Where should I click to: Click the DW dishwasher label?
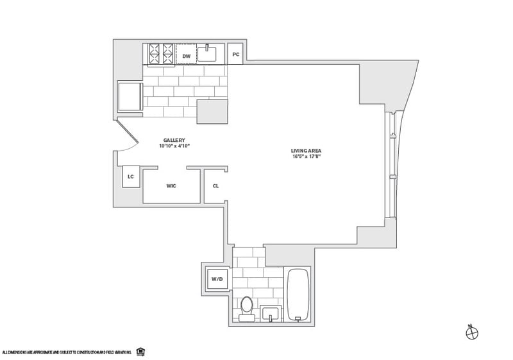[x=186, y=56]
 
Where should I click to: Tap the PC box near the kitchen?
[x=236, y=55]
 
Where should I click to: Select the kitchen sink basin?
[x=207, y=53]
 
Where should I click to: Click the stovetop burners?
[x=161, y=55]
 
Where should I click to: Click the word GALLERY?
[x=174, y=141]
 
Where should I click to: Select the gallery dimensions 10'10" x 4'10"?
[x=174, y=146]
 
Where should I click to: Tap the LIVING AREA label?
[x=306, y=150]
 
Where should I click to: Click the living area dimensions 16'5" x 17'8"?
[x=306, y=156]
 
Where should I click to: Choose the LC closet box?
[x=131, y=176]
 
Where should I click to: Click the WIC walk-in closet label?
[x=171, y=186]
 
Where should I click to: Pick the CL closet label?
[x=216, y=186]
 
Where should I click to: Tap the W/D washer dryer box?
[x=216, y=279]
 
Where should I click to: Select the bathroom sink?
[x=271, y=314]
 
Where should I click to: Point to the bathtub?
[x=298, y=295]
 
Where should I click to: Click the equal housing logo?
[x=140, y=352]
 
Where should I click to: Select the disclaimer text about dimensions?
[x=67, y=352]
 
